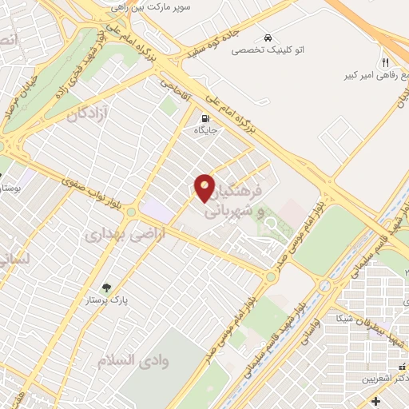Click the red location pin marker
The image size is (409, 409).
point(205,187)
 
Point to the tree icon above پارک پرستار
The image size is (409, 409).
point(106,288)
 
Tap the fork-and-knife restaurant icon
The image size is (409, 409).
point(384,62)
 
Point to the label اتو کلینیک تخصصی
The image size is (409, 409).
point(268,50)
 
